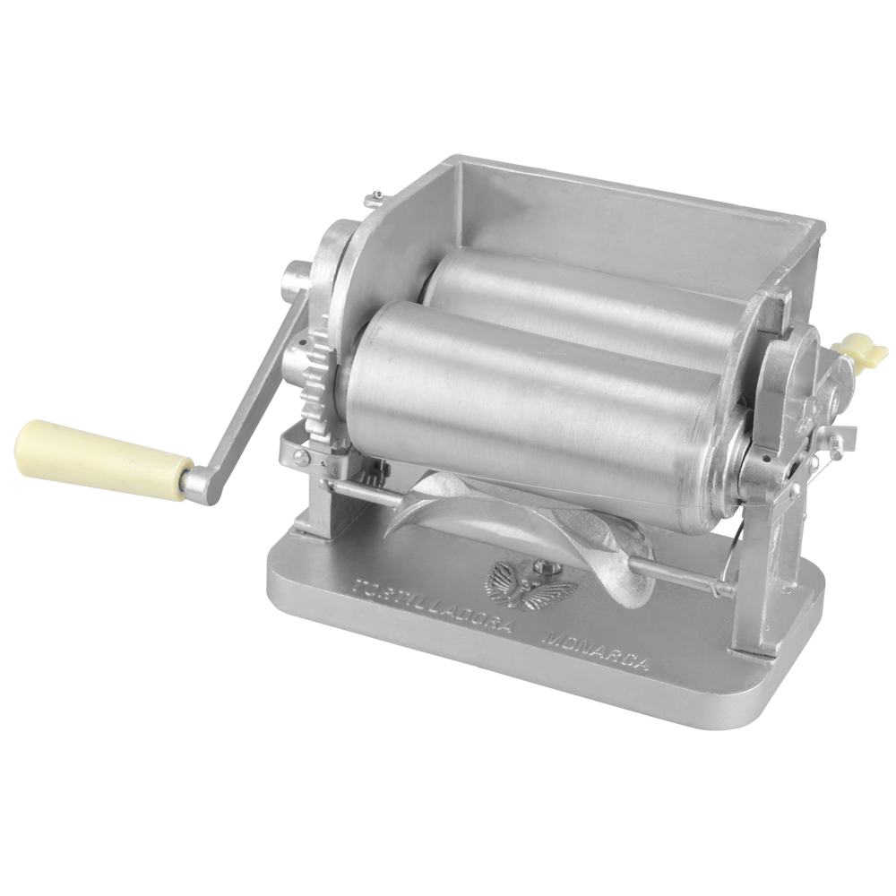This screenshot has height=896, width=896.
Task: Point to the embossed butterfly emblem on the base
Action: (x=529, y=587)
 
